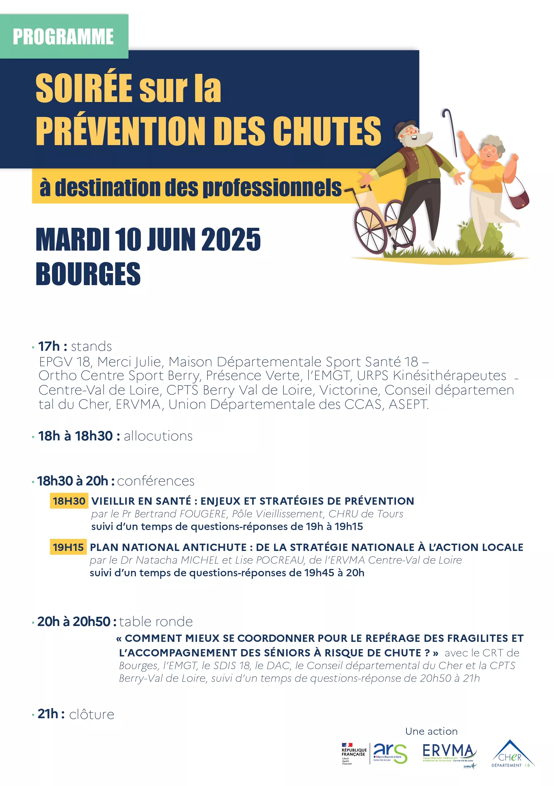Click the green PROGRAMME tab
(64, 36)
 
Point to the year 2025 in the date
(231, 240)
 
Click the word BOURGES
(88, 274)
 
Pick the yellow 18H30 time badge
(69, 501)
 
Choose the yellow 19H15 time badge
(68, 547)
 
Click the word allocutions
(158, 436)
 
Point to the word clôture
(92, 714)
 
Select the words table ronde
(156, 622)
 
